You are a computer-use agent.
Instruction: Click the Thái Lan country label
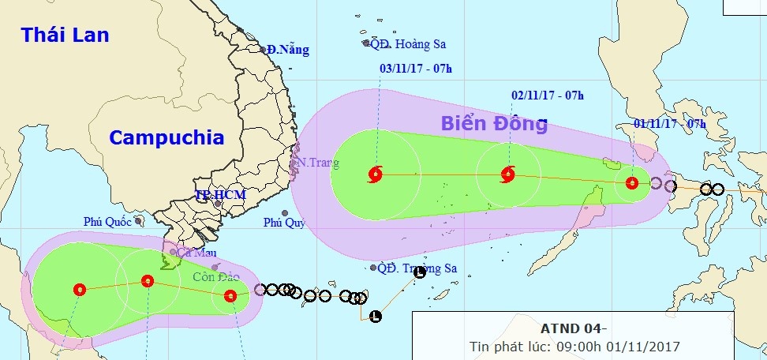(x=65, y=36)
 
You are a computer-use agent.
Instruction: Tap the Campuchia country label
(x=166, y=137)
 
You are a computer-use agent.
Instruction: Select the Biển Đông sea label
(x=493, y=124)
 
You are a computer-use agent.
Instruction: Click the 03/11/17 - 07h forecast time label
(x=416, y=69)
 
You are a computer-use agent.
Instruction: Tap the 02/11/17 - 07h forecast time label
(x=548, y=96)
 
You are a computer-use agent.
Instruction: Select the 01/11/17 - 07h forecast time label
(x=670, y=124)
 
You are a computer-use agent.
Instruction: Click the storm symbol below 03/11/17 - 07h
(x=376, y=174)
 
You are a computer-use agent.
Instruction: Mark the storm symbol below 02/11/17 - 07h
(x=507, y=174)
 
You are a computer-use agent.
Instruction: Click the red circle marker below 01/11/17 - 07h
(x=631, y=183)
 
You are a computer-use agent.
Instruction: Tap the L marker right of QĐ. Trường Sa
(x=420, y=272)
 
